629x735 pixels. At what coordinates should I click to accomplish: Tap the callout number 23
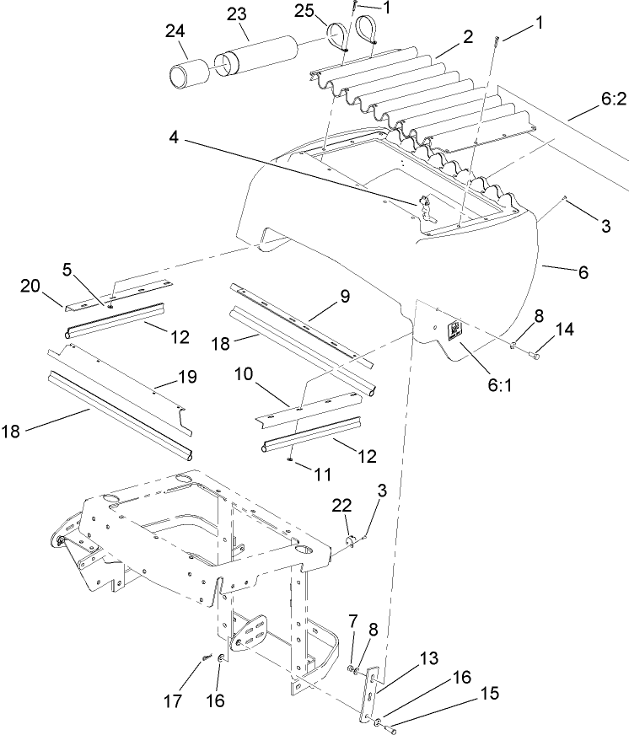point(237,15)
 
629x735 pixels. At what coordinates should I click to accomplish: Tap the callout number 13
point(406,657)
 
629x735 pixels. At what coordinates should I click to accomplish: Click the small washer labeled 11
point(289,459)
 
